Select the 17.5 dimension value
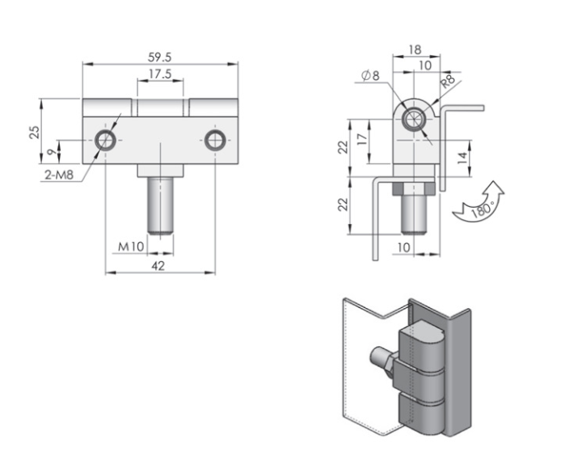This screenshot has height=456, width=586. (158, 74)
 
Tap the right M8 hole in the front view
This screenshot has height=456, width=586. (215, 141)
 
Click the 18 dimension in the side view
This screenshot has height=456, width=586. (414, 49)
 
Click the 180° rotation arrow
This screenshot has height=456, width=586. (476, 202)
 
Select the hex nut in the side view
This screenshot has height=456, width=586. (415, 191)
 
